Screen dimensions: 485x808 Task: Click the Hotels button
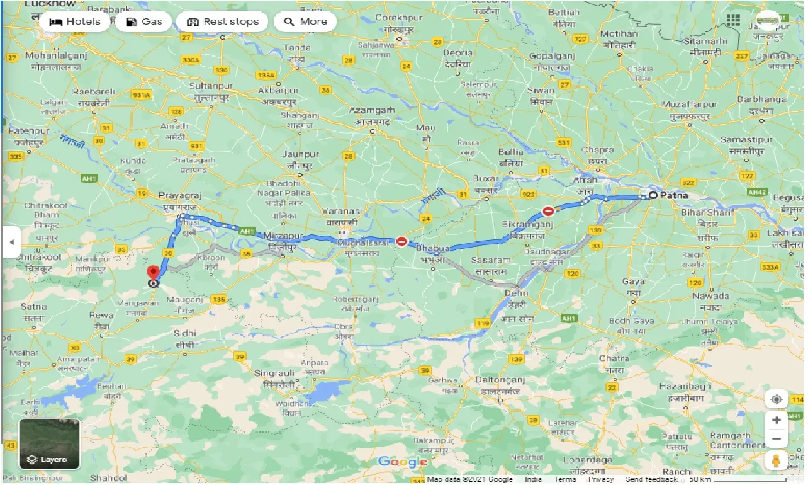74,21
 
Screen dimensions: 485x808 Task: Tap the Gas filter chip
144,21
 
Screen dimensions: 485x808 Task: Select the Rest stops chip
223,21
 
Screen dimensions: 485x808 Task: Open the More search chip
305,21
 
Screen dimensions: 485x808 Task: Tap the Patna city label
674,195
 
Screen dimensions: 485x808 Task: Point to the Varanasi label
342,211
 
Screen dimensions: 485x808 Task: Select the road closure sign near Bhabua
401,241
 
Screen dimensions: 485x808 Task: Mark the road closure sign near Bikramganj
548,211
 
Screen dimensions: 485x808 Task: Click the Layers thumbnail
50,444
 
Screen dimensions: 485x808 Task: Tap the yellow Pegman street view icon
777,460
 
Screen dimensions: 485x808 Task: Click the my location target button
777,399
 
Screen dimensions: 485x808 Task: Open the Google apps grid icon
733,20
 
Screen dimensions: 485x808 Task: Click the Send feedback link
651,479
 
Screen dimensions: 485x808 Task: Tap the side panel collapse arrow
11,242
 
